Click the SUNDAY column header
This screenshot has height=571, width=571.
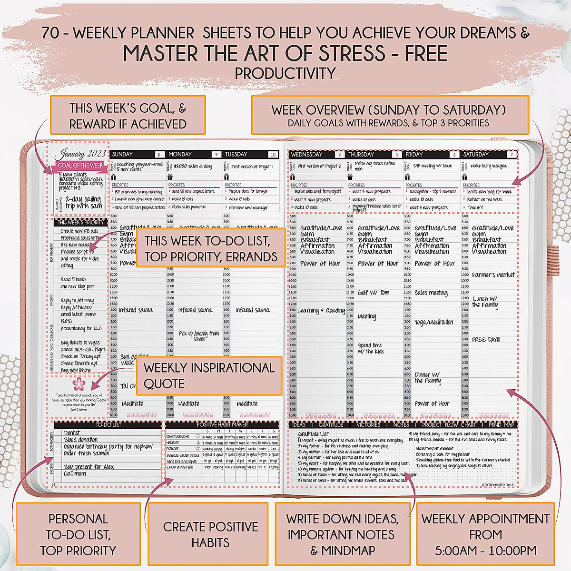point(123,154)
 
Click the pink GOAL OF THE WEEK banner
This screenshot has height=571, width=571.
point(80,165)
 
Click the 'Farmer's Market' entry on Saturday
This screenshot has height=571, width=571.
point(493,275)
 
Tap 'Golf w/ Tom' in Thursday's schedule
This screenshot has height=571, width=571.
point(374,293)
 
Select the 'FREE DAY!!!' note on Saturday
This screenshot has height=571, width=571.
point(486,340)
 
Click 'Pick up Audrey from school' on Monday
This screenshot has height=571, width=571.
point(199,336)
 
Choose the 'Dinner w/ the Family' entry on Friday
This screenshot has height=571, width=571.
point(427,378)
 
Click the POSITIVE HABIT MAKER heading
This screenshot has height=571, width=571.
point(222,424)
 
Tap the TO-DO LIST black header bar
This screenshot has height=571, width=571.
point(108,424)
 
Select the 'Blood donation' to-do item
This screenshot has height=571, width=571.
point(81,440)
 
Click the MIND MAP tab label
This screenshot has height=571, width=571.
point(502,424)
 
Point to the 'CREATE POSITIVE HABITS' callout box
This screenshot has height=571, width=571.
point(210,534)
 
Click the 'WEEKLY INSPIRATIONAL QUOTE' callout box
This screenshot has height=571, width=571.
point(209,375)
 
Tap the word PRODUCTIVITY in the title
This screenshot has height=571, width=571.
point(285,74)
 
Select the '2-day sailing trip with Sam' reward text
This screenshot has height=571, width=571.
point(84,202)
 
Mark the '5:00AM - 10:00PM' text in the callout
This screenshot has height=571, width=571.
point(485,551)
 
